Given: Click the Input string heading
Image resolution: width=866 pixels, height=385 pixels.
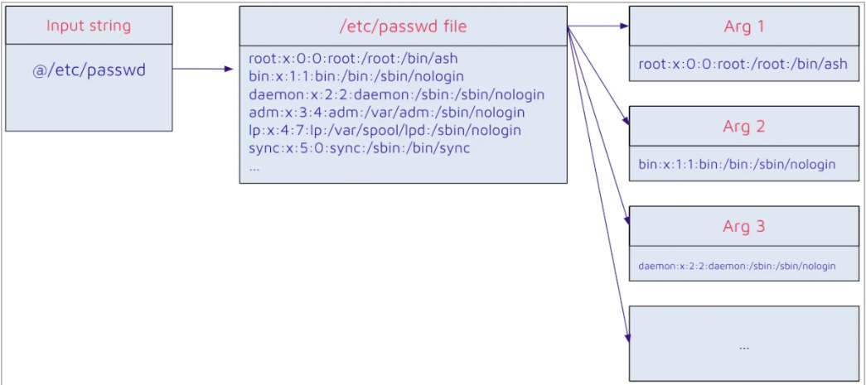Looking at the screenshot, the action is (89, 26).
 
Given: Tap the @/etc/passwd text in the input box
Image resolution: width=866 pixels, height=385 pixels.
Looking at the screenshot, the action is (89, 70).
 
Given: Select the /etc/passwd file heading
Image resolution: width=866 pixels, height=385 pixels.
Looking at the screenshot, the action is (404, 26).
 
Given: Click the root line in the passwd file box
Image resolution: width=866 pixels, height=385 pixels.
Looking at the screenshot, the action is (354, 58).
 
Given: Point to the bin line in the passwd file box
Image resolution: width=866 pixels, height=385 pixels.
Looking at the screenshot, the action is (356, 75).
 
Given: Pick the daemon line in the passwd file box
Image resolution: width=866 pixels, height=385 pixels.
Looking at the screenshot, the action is (397, 94).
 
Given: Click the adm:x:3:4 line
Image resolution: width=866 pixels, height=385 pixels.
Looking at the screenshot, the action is (387, 113).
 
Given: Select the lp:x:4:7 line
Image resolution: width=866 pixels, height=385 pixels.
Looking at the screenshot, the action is (385, 131).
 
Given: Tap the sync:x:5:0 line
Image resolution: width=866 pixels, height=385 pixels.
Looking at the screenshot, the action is (360, 149).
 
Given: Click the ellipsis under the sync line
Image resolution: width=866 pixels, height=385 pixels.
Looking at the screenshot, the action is (254, 168).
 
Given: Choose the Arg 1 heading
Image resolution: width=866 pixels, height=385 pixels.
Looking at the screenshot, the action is (744, 26).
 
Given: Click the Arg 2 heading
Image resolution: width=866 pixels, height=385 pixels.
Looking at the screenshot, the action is (744, 127).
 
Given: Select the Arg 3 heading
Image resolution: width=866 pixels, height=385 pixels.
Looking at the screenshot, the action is (744, 227).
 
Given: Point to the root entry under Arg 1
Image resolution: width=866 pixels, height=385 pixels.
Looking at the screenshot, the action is (743, 64).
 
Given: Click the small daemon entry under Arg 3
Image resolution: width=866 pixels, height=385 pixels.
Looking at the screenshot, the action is (737, 266).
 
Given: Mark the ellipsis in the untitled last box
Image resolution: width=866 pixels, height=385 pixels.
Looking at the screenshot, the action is (743, 348).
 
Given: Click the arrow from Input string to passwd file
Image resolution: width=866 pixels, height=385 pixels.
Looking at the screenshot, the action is (203, 69).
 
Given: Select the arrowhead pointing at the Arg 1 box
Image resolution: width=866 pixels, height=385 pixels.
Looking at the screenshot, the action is (625, 26).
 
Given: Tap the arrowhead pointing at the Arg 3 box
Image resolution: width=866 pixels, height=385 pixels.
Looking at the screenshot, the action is (627, 219).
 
